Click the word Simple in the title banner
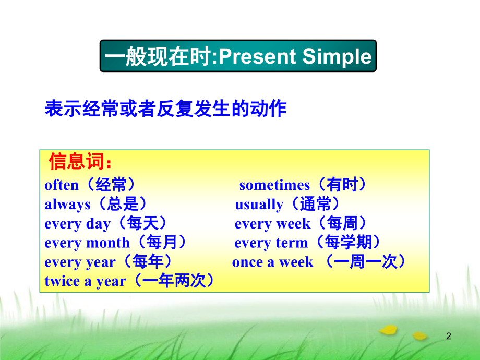pos(337,57)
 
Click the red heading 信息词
pos(77,161)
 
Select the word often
pos(62,185)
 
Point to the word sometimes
pos(274,185)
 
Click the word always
pos(67,205)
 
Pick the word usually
pos(259,205)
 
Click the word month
pos(108,243)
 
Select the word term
pos(292,243)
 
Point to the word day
pos(98,224)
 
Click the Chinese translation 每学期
pos(348,242)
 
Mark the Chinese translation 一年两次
pos(174,280)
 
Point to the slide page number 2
pos(449,336)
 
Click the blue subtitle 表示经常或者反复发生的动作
pos(165,109)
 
